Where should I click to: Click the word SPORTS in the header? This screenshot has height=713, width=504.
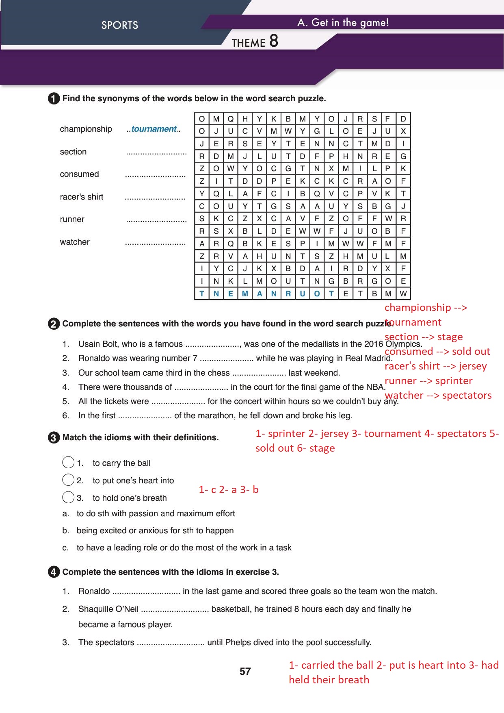pyautogui.click(x=120, y=25)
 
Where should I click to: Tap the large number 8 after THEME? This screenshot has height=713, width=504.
pyautogui.click(x=273, y=41)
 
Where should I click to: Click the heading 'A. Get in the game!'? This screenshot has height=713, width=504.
pyautogui.click(x=343, y=23)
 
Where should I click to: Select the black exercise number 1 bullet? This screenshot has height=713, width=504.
pyautogui.click(x=54, y=99)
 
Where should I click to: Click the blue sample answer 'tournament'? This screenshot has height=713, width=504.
pyautogui.click(x=154, y=129)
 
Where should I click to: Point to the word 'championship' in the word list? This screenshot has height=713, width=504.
pyautogui.click(x=86, y=129)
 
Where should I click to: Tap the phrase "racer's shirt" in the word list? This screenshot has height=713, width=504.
pyautogui.click(x=82, y=197)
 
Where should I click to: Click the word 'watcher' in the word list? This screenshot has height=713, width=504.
pyautogui.click(x=75, y=242)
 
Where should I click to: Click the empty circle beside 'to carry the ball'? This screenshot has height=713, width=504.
pyautogui.click(x=69, y=463)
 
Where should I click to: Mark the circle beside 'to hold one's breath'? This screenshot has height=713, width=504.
pyautogui.click(x=69, y=498)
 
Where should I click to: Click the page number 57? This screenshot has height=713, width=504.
pyautogui.click(x=245, y=672)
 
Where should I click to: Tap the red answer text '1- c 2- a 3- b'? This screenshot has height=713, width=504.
pyautogui.click(x=229, y=490)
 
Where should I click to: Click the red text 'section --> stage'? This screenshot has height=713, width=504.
pyautogui.click(x=424, y=337)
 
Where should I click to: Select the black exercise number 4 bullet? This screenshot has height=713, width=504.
pyautogui.click(x=54, y=572)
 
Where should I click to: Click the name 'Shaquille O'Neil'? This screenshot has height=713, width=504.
pyautogui.click(x=108, y=609)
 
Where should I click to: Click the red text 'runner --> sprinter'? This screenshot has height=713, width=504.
pyautogui.click(x=428, y=381)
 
